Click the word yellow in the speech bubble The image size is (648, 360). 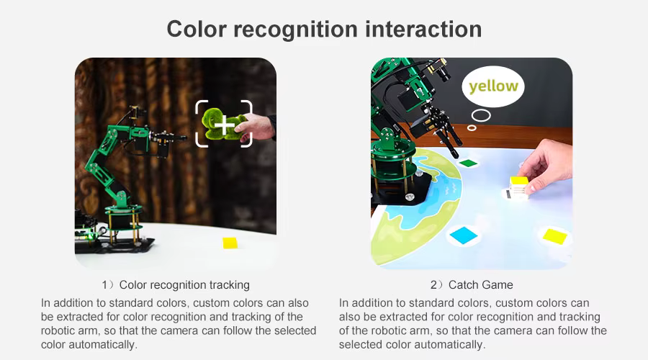click(493, 86)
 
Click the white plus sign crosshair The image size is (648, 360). click(225, 125)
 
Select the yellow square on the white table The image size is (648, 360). click(230, 243)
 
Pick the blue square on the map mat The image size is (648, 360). click(464, 235)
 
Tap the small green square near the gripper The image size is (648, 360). click(469, 163)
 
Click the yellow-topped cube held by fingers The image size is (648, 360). click(518, 187)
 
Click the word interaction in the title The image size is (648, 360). click(423, 30)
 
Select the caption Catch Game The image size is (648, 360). click(481, 285)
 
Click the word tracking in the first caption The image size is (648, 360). click(230, 285)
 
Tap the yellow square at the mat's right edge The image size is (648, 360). click(554, 236)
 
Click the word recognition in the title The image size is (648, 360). click(295, 30)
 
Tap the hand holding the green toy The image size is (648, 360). click(256, 127)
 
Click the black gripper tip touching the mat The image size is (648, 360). click(454, 156)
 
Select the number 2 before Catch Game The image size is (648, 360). click(433, 285)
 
